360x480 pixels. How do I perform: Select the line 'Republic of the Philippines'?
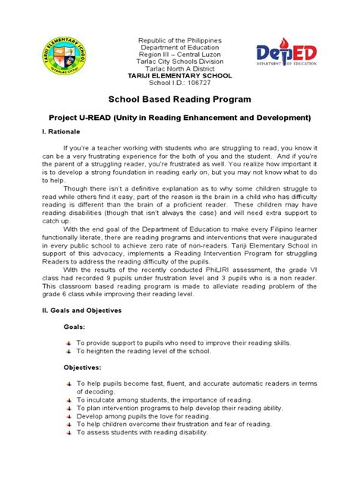point(180,39)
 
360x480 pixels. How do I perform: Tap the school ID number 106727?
point(193,84)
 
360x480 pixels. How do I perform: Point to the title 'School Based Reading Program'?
point(180,101)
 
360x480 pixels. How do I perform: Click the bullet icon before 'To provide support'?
point(68,343)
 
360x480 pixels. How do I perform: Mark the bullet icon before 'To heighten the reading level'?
point(68,352)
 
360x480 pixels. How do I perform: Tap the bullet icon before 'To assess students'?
point(68,433)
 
